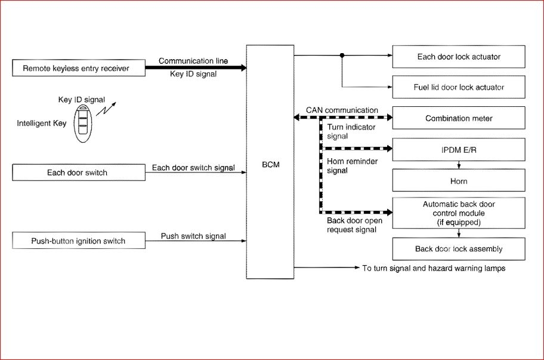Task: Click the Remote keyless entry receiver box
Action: pyautogui.click(x=76, y=69)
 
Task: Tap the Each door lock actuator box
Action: pyautogui.click(x=459, y=57)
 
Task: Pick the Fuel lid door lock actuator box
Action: pyautogui.click(x=459, y=87)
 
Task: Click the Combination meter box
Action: pyautogui.click(x=459, y=118)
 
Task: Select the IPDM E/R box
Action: pyautogui.click(x=459, y=149)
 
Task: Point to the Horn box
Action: pyautogui.click(x=459, y=181)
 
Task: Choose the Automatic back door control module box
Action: pyautogui.click(x=459, y=212)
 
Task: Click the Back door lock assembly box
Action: pyautogui.click(x=459, y=249)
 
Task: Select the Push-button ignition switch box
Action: pyautogui.click(x=78, y=241)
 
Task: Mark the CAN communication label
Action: pyautogui.click(x=342, y=110)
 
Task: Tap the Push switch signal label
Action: pyautogui.click(x=193, y=236)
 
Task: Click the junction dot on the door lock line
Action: pyautogui.click(x=342, y=56)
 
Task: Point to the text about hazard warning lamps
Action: pyautogui.click(x=434, y=268)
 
